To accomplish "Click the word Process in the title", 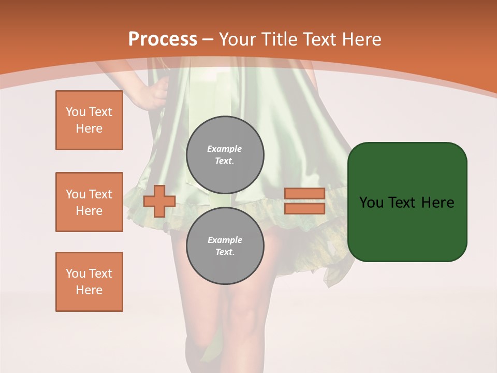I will click(163, 39).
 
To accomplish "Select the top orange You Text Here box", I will click(89, 120).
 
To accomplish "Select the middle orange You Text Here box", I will click(89, 202).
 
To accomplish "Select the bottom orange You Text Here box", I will click(89, 282).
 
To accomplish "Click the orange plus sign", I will click(159, 201).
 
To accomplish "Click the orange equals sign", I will click(304, 201).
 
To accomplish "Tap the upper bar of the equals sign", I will click(304, 193).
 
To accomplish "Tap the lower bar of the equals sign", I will click(304, 209).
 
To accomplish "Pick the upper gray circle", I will click(225, 155).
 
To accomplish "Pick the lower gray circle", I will click(225, 246).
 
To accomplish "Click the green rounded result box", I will click(407, 202).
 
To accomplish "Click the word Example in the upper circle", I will click(225, 149).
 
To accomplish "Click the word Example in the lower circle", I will click(225, 240).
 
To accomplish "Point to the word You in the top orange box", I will click(76, 112).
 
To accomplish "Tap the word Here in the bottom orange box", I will click(89, 290).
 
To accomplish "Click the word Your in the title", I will click(239, 39).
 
